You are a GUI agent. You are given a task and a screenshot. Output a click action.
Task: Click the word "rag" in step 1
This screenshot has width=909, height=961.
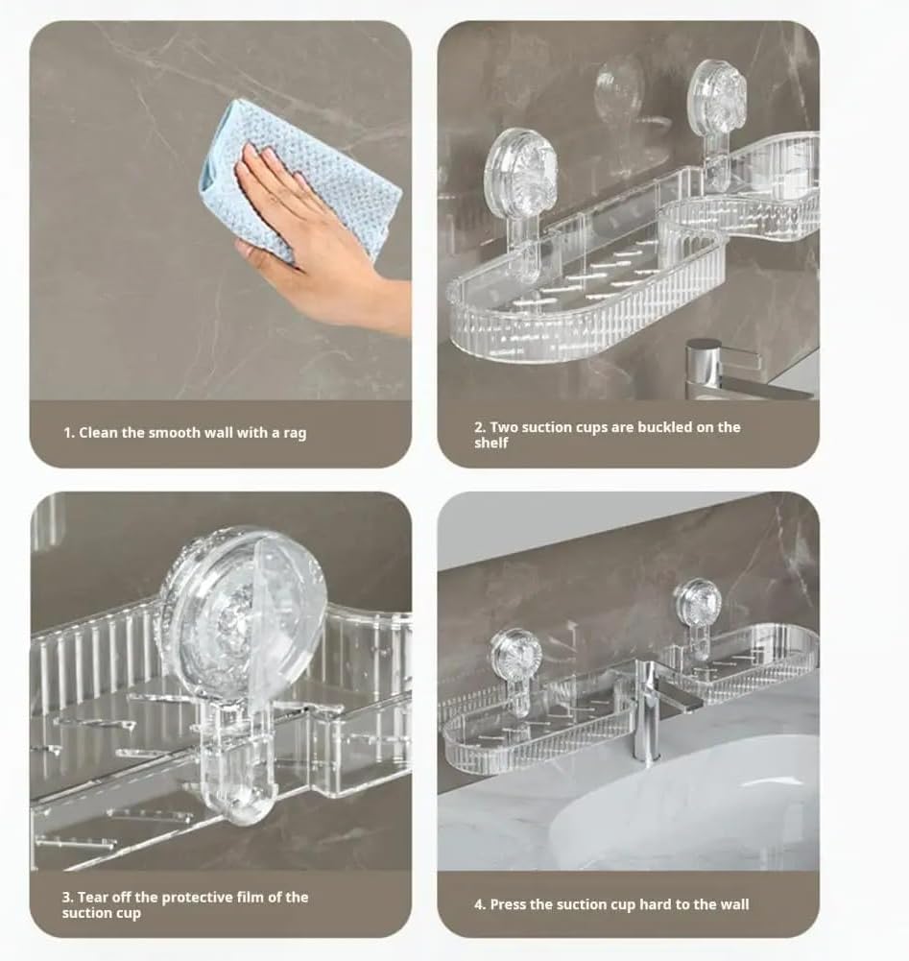295,433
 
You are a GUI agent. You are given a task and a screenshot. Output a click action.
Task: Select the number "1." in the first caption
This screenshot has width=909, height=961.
69,433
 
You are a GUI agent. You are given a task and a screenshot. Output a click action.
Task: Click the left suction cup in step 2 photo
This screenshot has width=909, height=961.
520,173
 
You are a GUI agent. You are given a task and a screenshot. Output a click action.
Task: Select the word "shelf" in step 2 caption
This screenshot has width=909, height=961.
490,444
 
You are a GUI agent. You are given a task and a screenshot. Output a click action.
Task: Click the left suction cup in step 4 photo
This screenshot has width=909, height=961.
516,655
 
